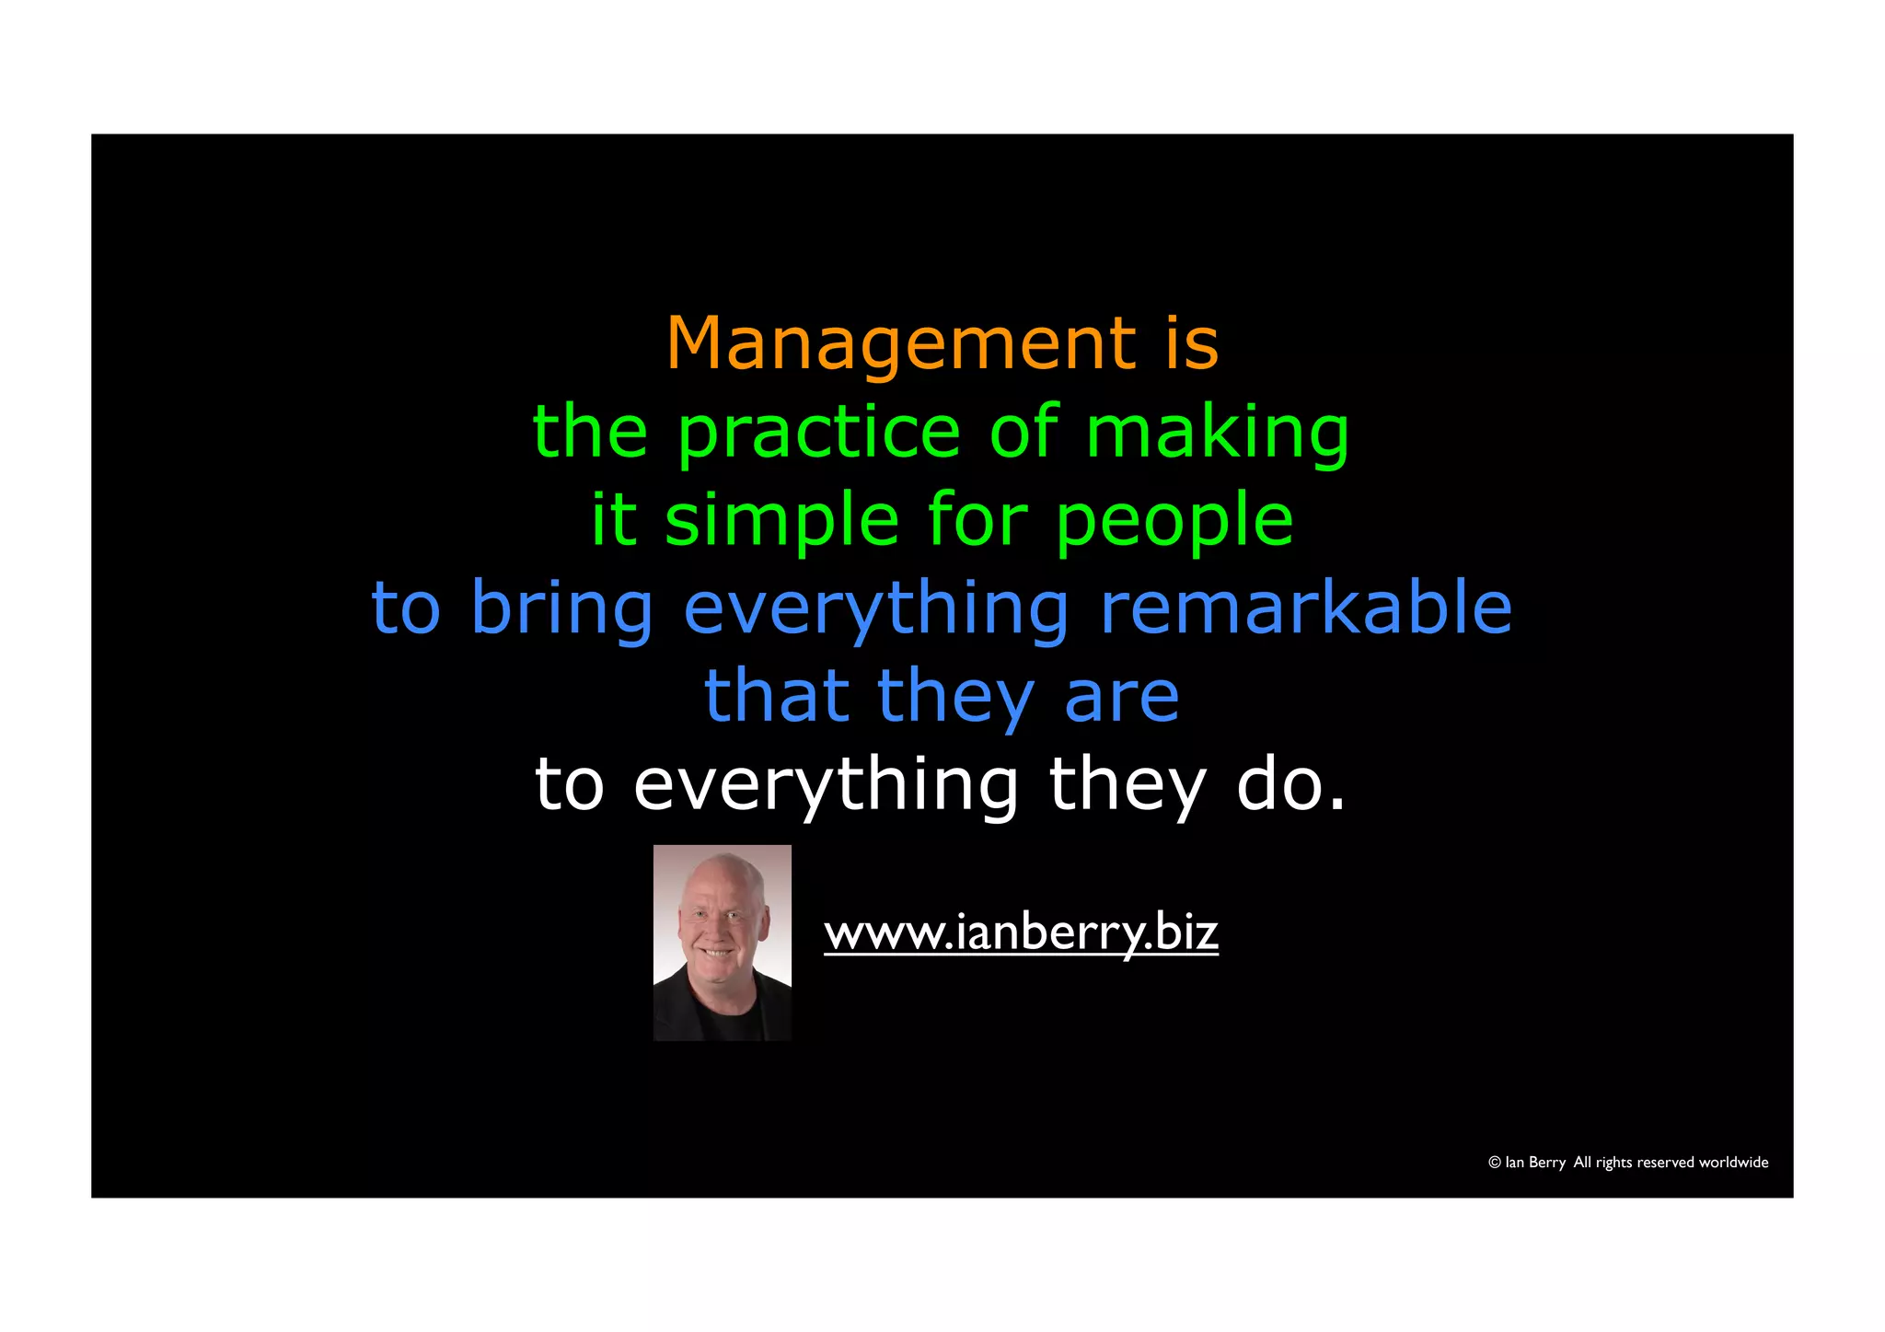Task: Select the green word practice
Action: [819, 433]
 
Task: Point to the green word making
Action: [1217, 433]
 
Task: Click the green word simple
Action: [781, 521]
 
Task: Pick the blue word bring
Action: [561, 609]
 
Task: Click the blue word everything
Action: [876, 609]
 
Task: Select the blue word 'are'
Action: [1121, 697]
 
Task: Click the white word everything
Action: [826, 786]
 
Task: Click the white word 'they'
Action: [1127, 786]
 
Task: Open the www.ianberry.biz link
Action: [1020, 932]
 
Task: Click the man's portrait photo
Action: [722, 943]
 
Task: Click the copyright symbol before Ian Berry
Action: [1494, 1163]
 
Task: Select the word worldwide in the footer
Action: [1733, 1163]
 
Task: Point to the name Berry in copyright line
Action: [1546, 1163]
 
